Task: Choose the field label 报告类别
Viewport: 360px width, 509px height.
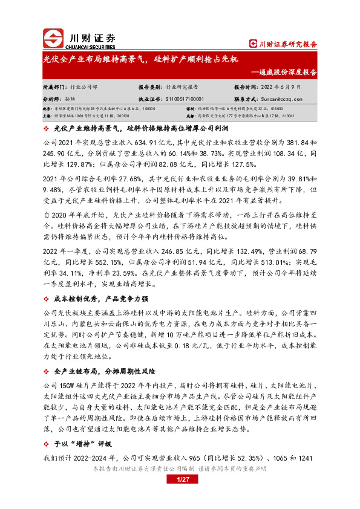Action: coord(150,86)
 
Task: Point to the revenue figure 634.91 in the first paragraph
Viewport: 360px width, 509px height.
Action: coord(141,141)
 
